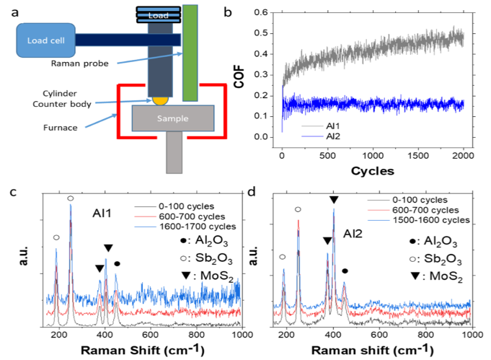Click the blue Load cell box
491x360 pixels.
pos(45,40)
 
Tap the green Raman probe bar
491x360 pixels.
pos(190,53)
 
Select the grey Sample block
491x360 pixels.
pos(173,118)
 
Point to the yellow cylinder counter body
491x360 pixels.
pos(160,101)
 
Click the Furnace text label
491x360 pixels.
pos(60,128)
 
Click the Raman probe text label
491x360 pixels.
pos(80,63)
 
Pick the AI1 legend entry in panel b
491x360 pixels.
pos(321,126)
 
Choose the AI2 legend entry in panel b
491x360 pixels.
pos(321,136)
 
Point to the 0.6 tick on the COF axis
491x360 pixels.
pos(261,12)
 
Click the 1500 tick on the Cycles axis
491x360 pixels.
pos(418,156)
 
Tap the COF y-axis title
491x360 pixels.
pos(239,76)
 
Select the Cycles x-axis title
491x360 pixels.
pos(373,171)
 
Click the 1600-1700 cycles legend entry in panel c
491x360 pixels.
pos(185,227)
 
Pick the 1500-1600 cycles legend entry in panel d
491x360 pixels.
pos(419,220)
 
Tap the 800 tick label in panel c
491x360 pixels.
pos(196,335)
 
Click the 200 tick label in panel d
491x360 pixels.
pos(287,335)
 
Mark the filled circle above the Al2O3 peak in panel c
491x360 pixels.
pos(117,264)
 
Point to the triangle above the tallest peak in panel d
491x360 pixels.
pos(334,200)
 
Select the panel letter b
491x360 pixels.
pos(228,12)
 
